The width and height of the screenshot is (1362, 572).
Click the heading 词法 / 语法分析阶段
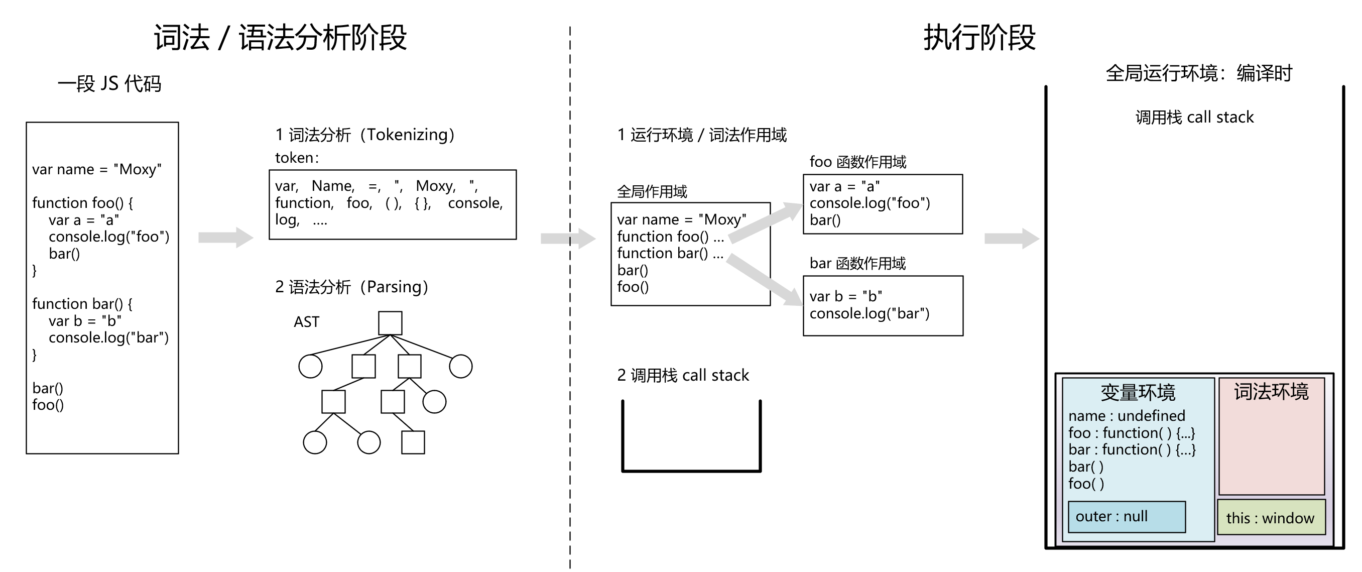(280, 38)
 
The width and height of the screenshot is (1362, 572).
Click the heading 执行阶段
(979, 38)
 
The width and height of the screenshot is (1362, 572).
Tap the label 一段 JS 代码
(109, 83)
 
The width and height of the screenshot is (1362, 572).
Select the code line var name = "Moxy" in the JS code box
(97, 169)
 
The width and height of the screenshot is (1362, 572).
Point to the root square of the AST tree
(390, 323)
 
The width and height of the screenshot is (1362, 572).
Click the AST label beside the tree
(307, 322)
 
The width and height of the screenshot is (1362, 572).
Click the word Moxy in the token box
(435, 186)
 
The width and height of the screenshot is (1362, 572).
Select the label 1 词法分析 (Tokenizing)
(365, 135)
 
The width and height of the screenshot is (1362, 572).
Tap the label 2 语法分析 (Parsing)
(351, 287)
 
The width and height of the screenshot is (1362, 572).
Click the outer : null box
(1126, 516)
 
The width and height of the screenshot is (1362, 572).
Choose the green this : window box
(1271, 517)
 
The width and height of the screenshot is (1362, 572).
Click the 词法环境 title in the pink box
(1271, 392)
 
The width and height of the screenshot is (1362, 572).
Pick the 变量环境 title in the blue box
(1138, 392)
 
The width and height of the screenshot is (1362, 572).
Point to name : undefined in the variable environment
(1127, 416)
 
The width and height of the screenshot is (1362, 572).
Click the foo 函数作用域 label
(857, 162)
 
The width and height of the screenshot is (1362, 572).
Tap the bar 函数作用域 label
(857, 264)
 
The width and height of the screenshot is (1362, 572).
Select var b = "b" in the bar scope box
(845, 296)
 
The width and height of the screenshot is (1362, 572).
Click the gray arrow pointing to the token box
(226, 238)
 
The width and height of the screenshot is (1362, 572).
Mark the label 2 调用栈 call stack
(683, 375)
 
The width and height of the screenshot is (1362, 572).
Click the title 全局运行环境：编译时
(1199, 73)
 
